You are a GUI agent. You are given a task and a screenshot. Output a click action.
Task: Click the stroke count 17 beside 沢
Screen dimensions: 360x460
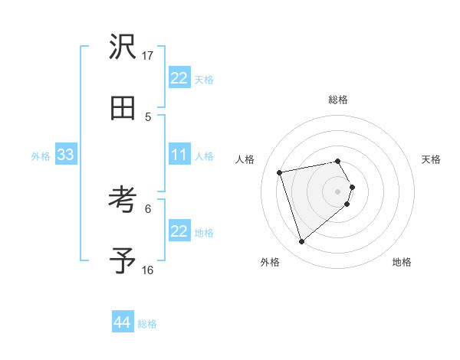(x=148, y=56)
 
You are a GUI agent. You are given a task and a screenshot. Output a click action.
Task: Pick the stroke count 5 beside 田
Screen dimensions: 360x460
(x=148, y=116)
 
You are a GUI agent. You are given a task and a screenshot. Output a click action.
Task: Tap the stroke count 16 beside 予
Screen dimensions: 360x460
(x=148, y=270)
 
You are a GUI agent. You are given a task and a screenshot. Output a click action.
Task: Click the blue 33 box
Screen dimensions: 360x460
(x=65, y=155)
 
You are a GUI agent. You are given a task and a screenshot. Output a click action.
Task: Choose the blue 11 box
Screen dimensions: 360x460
(x=179, y=155)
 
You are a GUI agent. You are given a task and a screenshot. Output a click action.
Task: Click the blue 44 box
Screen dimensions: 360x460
(x=122, y=322)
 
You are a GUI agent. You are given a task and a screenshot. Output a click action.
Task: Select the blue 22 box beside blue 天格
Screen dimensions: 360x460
(x=179, y=78)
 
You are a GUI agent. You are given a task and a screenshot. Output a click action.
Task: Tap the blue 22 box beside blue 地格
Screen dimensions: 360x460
(x=179, y=231)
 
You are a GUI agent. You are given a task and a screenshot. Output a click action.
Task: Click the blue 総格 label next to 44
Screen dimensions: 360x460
(x=147, y=324)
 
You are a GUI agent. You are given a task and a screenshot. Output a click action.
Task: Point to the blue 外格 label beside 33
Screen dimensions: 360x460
(x=41, y=156)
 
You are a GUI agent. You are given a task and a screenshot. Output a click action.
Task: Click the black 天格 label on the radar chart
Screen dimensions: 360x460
(x=431, y=159)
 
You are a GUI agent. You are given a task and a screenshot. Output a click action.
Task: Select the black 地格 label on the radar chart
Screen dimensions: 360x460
(x=402, y=262)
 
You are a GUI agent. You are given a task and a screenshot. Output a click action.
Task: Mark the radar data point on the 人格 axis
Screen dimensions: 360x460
(x=280, y=172)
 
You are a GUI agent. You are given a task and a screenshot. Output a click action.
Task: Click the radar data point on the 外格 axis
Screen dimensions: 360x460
(x=301, y=242)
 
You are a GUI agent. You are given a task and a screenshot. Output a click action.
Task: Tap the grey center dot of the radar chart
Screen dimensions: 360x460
(x=337, y=191)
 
